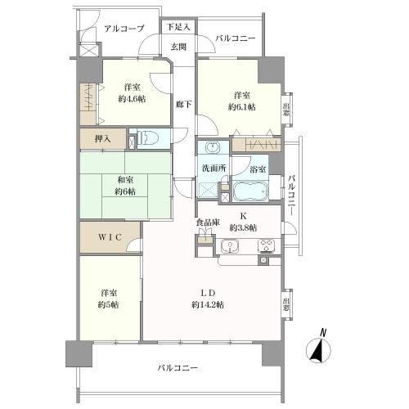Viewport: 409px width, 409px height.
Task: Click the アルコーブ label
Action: click(x=124, y=29)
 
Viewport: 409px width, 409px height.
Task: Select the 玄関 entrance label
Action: click(x=178, y=46)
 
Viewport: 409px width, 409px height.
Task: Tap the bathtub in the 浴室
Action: click(x=251, y=193)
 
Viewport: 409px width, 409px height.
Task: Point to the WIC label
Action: click(x=111, y=238)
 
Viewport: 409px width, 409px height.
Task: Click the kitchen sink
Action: click(x=231, y=245)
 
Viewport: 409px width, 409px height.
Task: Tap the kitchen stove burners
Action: click(x=267, y=245)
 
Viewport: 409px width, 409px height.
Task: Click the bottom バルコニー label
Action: click(x=178, y=369)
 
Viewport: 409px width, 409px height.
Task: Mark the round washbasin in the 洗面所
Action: click(x=212, y=149)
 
